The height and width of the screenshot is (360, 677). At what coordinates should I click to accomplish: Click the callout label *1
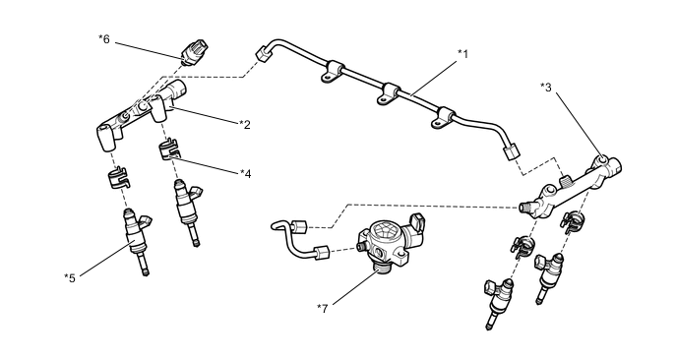point(462,54)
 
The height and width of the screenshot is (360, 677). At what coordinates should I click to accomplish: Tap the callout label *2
point(245,125)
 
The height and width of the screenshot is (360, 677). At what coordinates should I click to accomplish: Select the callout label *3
point(546,88)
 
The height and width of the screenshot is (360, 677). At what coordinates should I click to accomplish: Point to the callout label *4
point(246,173)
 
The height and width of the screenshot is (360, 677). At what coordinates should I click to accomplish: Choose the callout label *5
point(70,278)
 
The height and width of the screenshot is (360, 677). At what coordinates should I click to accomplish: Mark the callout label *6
point(104,39)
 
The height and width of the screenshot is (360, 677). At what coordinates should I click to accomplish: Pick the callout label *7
point(323,308)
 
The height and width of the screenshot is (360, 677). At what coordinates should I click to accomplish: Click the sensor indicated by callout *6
point(194,52)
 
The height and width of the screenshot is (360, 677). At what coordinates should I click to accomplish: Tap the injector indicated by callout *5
point(137,239)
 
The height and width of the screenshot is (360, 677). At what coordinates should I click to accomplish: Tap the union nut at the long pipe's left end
point(262,54)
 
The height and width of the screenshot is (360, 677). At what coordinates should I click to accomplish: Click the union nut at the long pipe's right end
point(512,151)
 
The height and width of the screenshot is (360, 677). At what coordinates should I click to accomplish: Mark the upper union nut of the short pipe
point(299,226)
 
